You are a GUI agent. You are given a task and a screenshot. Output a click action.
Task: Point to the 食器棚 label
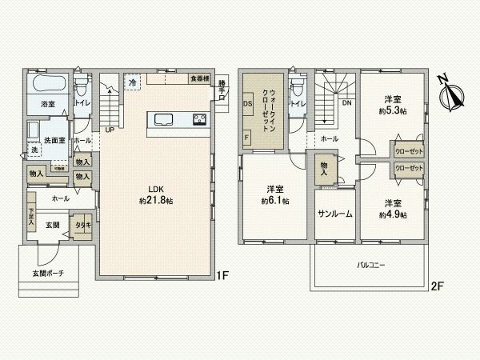coord(199,78)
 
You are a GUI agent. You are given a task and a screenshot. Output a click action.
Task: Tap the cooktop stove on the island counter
coord(200,120)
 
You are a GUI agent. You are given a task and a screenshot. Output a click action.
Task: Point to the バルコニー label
coord(371,262)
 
